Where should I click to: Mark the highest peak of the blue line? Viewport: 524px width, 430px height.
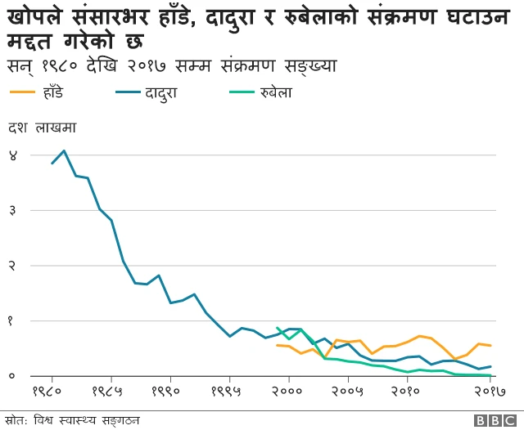(64, 150)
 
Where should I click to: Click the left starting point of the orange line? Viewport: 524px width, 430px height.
(277, 345)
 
